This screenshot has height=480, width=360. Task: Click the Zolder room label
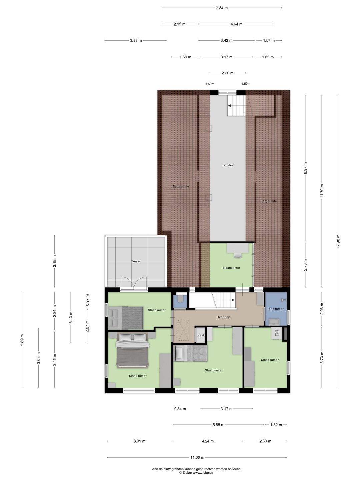point(228,165)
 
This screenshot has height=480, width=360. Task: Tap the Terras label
point(136,261)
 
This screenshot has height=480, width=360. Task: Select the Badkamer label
point(276,309)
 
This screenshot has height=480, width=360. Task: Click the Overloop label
point(223,317)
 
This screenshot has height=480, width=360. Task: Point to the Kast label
point(201,335)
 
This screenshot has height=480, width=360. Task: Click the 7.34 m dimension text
point(222,8)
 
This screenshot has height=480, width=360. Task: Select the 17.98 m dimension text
point(338,241)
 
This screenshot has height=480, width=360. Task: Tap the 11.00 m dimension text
point(197,457)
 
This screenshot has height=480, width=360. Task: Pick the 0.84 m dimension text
point(180,409)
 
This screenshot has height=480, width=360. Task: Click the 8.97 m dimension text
point(305,168)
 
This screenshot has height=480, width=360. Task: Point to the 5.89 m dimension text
point(22,340)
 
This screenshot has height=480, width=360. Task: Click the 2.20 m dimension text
point(227,73)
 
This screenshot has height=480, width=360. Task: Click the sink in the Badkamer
point(274,321)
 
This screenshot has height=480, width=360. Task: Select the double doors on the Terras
point(134,283)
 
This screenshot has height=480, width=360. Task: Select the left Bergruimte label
point(181,187)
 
